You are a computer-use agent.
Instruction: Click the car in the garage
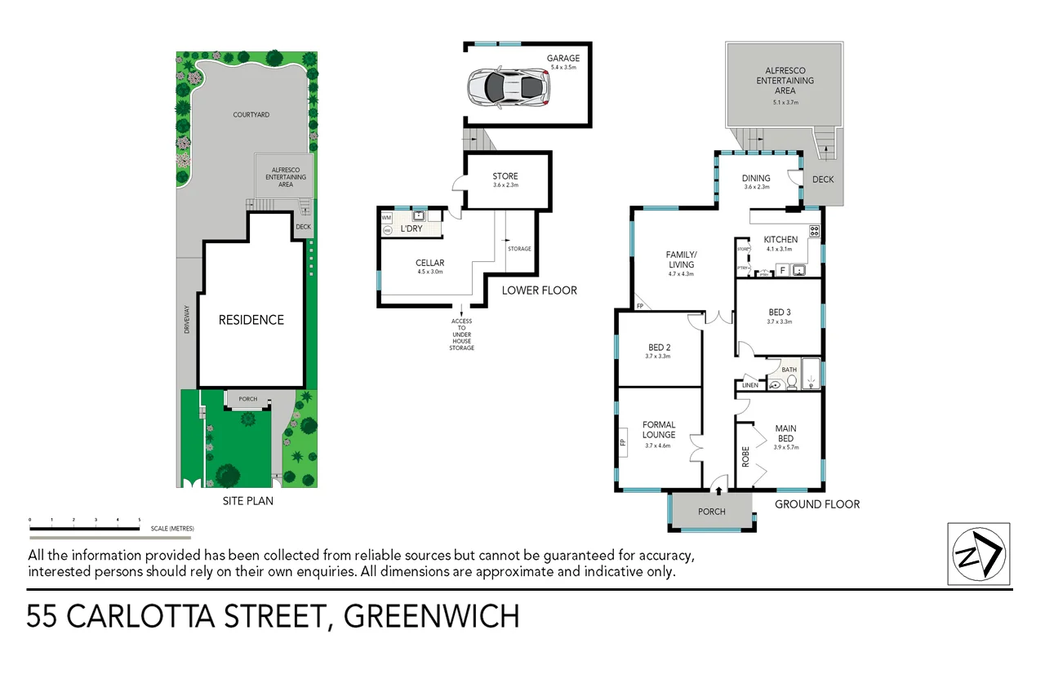pyautogui.click(x=507, y=87)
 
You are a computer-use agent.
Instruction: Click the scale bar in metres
pyautogui.click(x=84, y=529)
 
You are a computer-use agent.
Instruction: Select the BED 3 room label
pyautogui.click(x=780, y=312)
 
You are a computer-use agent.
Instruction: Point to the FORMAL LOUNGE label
pyautogui.click(x=659, y=429)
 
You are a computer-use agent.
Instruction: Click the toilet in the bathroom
pyautogui.click(x=790, y=381)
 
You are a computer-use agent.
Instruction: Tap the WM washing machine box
pyautogui.click(x=387, y=218)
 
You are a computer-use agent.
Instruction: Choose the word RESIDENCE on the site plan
pyautogui.click(x=251, y=320)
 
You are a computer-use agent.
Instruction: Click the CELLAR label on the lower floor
pyautogui.click(x=429, y=263)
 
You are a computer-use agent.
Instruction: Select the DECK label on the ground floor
pyautogui.click(x=823, y=180)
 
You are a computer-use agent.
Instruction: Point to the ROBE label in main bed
pyautogui.click(x=745, y=456)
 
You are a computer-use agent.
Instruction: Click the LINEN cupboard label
pyautogui.click(x=750, y=385)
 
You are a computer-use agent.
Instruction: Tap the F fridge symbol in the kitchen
pyautogui.click(x=781, y=270)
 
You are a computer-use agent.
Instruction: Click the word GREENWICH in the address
pyautogui.click(x=431, y=616)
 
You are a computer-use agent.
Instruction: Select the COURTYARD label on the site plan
pyautogui.click(x=251, y=115)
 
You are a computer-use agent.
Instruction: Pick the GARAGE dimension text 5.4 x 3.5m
pyautogui.click(x=563, y=67)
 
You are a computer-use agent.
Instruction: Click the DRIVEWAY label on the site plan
pyautogui.click(x=187, y=320)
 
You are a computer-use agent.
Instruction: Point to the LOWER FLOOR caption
pyautogui.click(x=539, y=290)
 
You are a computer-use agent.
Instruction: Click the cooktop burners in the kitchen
pyautogui.click(x=813, y=231)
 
